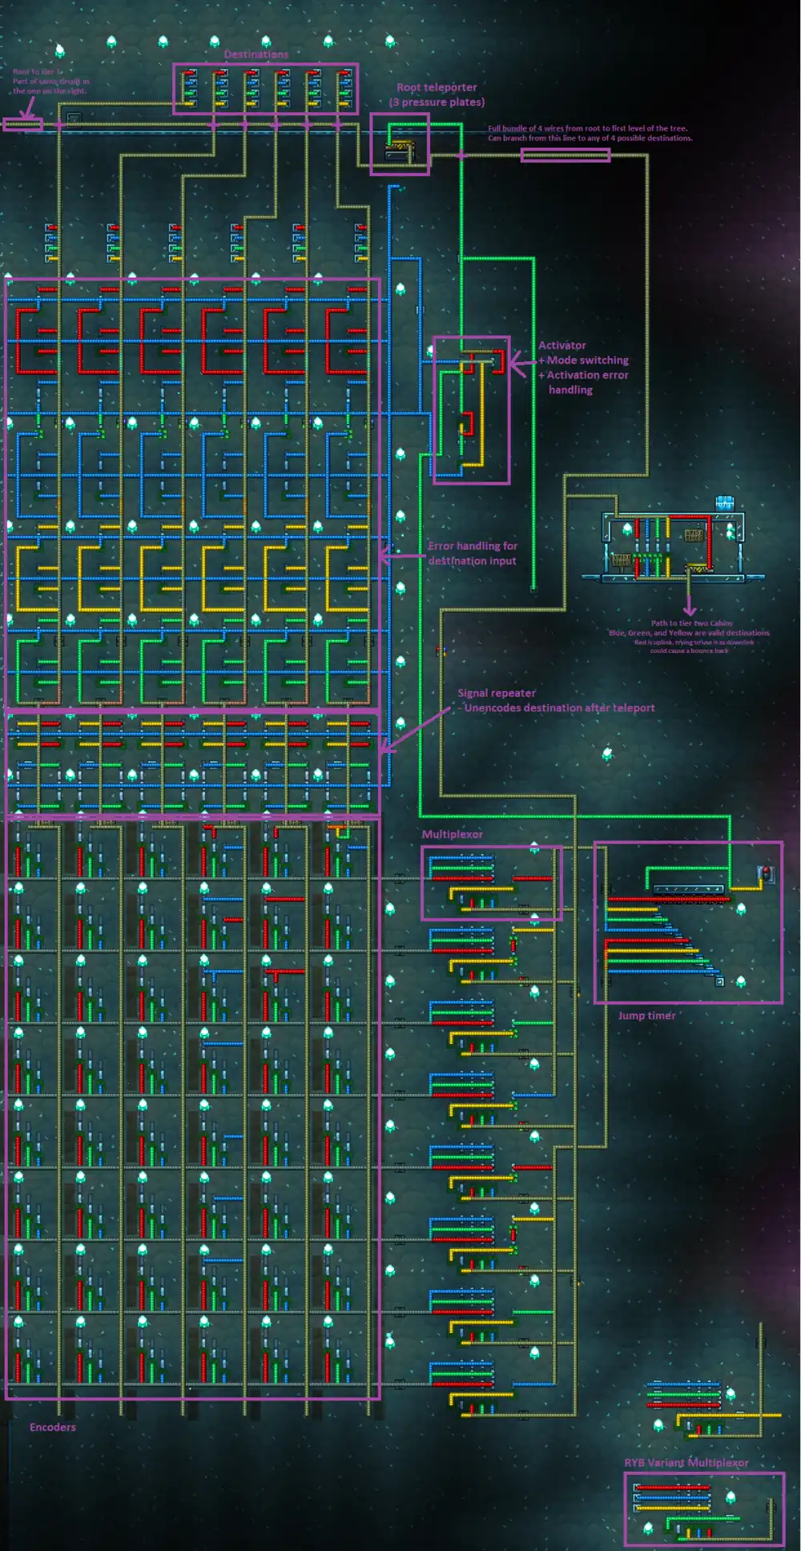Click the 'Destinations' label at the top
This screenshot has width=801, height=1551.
[x=256, y=54]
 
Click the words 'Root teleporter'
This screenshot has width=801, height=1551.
[x=437, y=87]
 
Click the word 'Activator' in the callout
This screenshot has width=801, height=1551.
[x=562, y=345]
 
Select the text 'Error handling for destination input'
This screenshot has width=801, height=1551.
[x=472, y=553]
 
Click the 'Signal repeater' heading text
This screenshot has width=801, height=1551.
[x=496, y=693]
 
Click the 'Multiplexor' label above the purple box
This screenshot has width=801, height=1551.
[x=452, y=834]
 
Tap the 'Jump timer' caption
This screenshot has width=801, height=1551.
[x=646, y=1015]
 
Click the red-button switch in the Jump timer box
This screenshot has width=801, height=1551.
[x=766, y=873]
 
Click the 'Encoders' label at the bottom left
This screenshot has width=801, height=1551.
[x=52, y=1427]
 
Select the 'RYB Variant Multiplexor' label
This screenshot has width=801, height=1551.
[x=686, y=1462]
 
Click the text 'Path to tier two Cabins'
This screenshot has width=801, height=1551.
[x=690, y=623]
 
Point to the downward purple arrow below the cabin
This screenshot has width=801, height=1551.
[x=689, y=610]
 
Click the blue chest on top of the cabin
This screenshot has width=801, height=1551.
[x=724, y=502]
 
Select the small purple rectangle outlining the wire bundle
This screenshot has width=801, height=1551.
[x=565, y=155]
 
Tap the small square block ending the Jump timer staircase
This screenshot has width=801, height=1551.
[x=719, y=981]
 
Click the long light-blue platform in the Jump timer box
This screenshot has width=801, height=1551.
[x=688, y=888]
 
